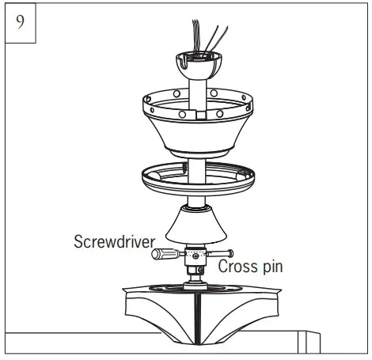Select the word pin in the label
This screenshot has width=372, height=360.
pos(270,267)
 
